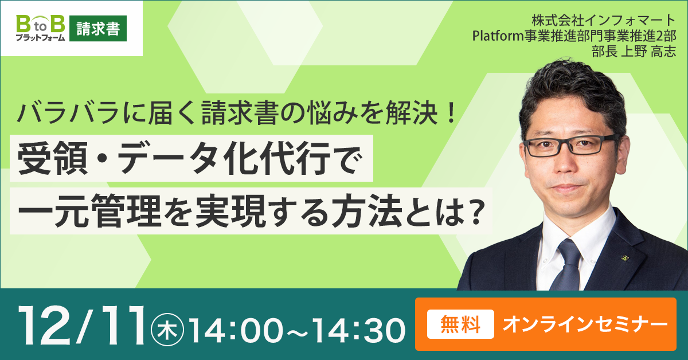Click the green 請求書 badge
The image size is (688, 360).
click(98, 28)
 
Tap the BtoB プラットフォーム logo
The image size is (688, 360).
click(41, 28)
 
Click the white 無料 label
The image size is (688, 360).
click(460, 324)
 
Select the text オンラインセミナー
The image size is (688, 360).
click(585, 324)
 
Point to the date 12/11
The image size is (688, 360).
click(81, 325)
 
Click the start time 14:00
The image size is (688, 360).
click(236, 331)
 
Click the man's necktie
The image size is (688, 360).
click(567, 265)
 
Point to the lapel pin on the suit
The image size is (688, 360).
click(624, 258)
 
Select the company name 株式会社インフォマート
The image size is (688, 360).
click(604, 21)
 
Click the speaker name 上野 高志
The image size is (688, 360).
click(648, 51)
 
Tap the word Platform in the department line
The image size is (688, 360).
click(498, 36)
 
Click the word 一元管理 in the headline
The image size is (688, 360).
click(89, 212)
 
